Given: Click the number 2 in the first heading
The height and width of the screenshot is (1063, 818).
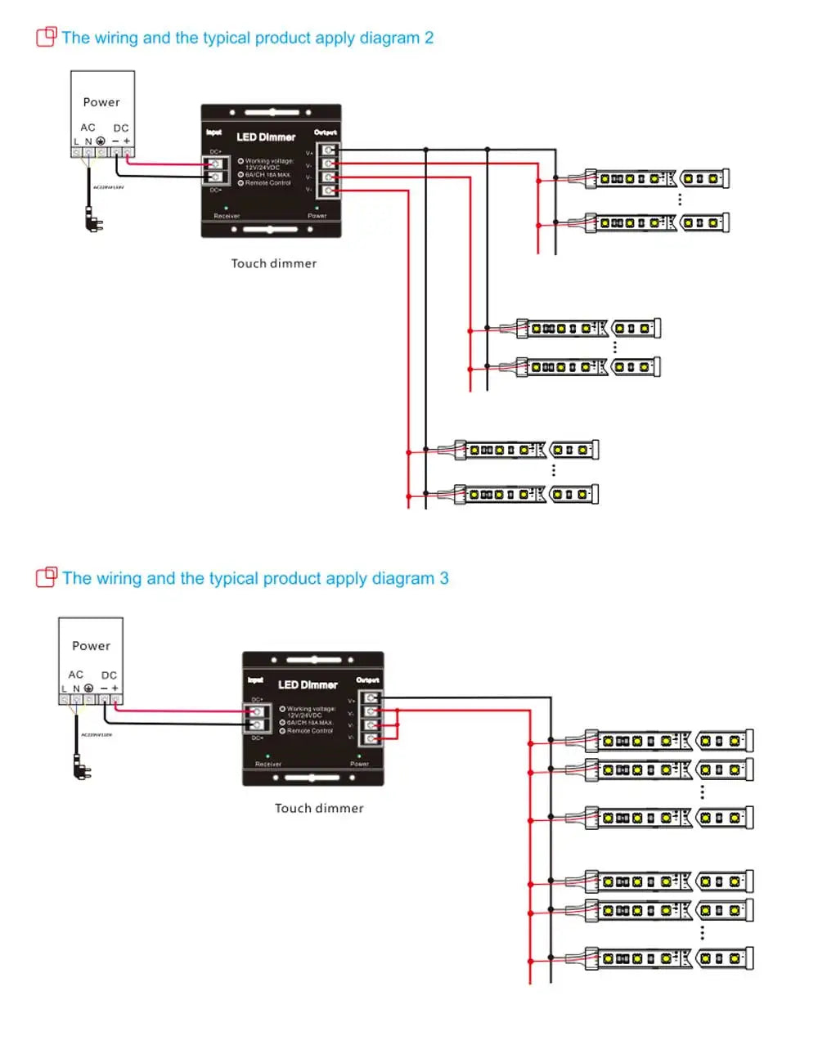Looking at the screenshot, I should pyautogui.click(x=429, y=38).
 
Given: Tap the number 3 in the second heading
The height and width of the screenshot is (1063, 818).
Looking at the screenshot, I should pyautogui.click(x=444, y=579).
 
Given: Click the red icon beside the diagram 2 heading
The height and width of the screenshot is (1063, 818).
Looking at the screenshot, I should pyautogui.click(x=47, y=37).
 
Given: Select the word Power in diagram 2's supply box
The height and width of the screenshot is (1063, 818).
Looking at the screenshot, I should pyautogui.click(x=101, y=102).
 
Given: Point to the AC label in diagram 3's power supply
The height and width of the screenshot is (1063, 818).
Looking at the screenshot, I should pyautogui.click(x=76, y=675).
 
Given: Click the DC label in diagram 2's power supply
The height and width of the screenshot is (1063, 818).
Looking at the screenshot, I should pyautogui.click(x=121, y=128).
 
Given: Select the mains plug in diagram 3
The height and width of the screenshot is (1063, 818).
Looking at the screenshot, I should pyautogui.click(x=82, y=767).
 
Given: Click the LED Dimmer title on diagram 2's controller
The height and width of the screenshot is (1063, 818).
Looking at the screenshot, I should pyautogui.click(x=266, y=137).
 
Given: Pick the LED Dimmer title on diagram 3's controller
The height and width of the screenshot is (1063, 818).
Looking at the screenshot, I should pyautogui.click(x=308, y=685).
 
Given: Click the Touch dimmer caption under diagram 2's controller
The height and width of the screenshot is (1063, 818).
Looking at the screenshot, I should pyautogui.click(x=274, y=263).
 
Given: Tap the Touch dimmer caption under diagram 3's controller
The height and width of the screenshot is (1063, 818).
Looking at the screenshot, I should pyautogui.click(x=319, y=809).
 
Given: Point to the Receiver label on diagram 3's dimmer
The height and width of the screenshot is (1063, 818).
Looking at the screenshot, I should pyautogui.click(x=268, y=764).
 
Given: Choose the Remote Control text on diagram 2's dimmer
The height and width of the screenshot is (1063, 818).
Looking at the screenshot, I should pyautogui.click(x=267, y=183).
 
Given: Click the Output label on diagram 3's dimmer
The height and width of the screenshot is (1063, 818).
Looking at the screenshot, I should pyautogui.click(x=367, y=680).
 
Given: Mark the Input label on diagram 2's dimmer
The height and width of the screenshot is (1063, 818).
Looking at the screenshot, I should pyautogui.click(x=213, y=132).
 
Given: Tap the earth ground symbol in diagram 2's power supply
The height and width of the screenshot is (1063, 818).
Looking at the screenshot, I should pyautogui.click(x=101, y=141).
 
